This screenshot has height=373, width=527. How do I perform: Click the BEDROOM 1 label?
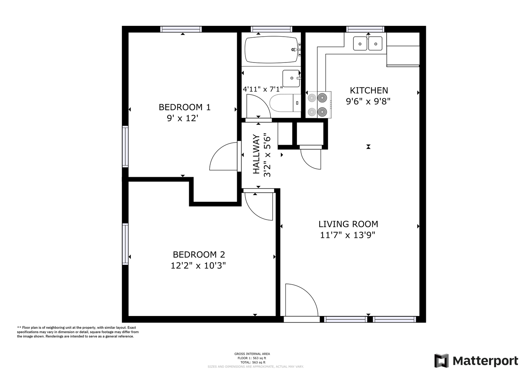184,107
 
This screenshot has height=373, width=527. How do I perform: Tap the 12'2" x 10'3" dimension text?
198,266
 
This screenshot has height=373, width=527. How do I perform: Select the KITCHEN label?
369,90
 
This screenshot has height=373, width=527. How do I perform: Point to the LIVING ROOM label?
348,224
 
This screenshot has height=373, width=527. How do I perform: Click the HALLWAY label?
256,154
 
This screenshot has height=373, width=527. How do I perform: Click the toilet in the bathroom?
285,103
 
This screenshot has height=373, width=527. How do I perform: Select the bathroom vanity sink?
292,78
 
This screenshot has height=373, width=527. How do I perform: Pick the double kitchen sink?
368,43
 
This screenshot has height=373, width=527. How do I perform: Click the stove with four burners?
318,105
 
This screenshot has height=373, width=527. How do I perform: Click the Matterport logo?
476,361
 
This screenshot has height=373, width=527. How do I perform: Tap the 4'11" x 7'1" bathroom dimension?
263,89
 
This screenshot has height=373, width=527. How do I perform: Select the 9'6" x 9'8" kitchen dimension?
368,102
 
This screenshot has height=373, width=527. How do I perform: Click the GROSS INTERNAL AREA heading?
252,354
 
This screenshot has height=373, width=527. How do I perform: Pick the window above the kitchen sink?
365,29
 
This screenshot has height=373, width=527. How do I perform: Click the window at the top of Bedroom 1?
181,29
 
